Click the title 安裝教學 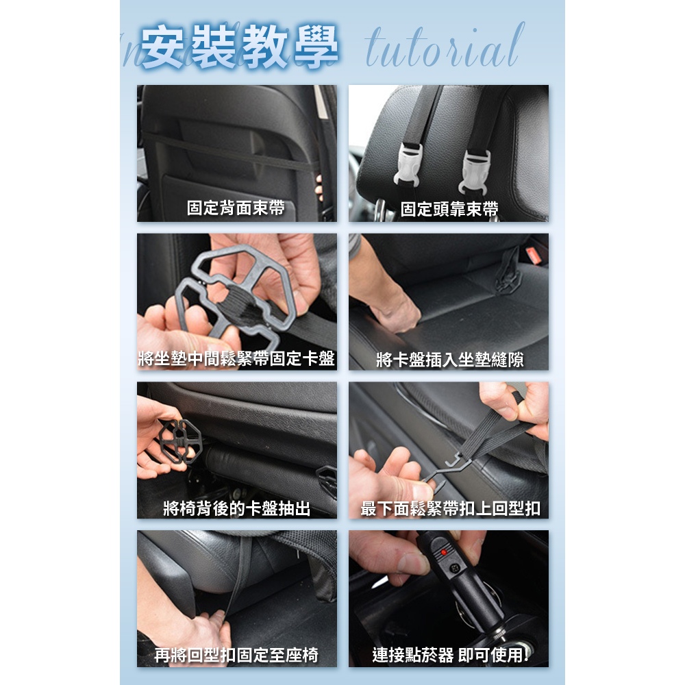coord(239,47)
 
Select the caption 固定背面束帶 coord(236,208)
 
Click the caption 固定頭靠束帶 coord(449,209)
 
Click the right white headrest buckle coord(475,172)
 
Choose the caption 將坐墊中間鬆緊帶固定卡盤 coord(236,359)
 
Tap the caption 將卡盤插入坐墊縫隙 coord(449,360)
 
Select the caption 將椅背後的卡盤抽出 coord(237,508)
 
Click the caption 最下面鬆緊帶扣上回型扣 coord(450,508)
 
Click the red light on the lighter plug coord(443,553)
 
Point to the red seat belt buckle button coord(535,255)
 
